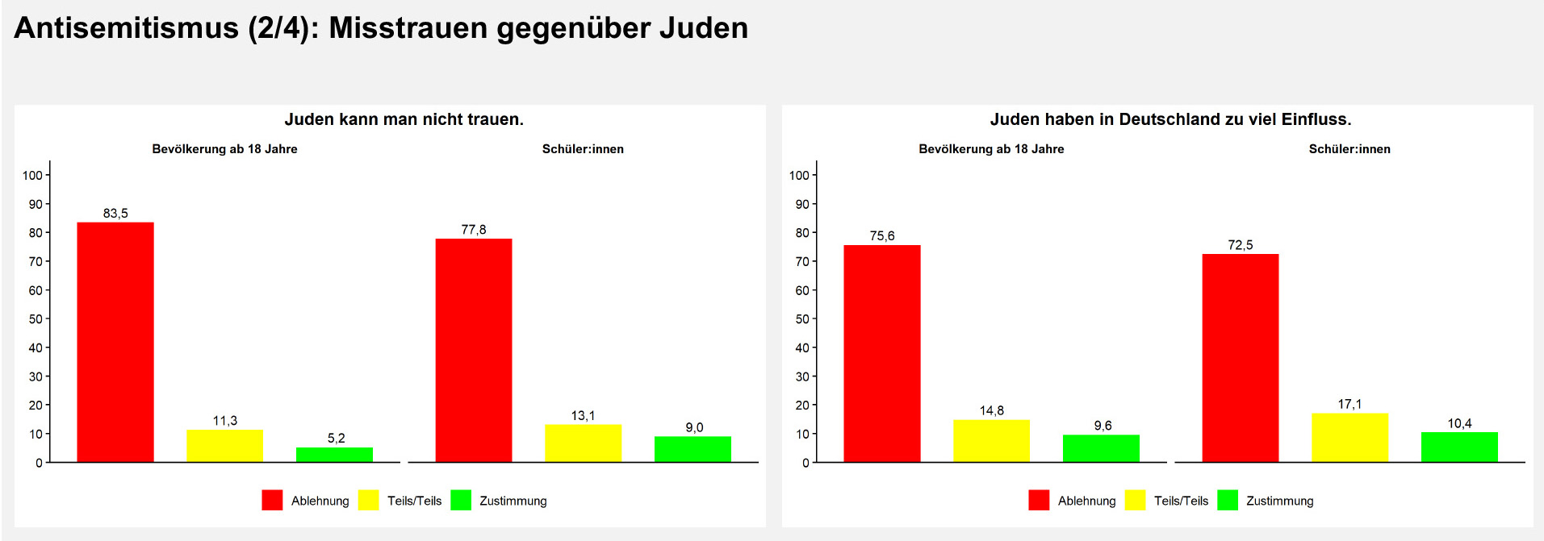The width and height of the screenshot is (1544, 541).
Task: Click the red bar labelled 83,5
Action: click(115, 342)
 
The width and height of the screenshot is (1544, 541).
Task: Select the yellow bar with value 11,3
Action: click(224, 446)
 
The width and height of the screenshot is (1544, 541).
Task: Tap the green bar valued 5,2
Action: click(334, 455)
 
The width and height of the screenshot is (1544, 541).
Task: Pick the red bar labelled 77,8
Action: click(474, 350)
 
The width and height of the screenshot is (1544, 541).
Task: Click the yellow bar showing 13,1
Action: click(583, 443)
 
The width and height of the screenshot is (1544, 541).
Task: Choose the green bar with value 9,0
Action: click(692, 449)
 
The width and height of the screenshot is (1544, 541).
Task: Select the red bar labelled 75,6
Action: click(882, 353)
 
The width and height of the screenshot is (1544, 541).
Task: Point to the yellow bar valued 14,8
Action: click(991, 441)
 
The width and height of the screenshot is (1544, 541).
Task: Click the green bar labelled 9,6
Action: click(1101, 448)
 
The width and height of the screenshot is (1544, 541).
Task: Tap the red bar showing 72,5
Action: click(1241, 358)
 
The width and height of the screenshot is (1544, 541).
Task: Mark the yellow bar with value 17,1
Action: click(1349, 438)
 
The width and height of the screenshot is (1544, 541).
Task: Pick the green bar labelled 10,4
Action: click(1459, 447)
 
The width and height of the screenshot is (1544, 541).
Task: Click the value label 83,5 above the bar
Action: click(115, 214)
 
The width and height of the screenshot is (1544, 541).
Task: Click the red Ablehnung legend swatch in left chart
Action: click(272, 501)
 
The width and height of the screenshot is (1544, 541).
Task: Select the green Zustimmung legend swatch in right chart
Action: click(1227, 501)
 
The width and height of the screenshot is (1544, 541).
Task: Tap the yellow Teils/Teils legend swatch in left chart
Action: click(368, 501)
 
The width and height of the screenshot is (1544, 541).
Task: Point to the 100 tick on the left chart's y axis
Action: click(32, 175)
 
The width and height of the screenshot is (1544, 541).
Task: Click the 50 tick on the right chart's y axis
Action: click(801, 319)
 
